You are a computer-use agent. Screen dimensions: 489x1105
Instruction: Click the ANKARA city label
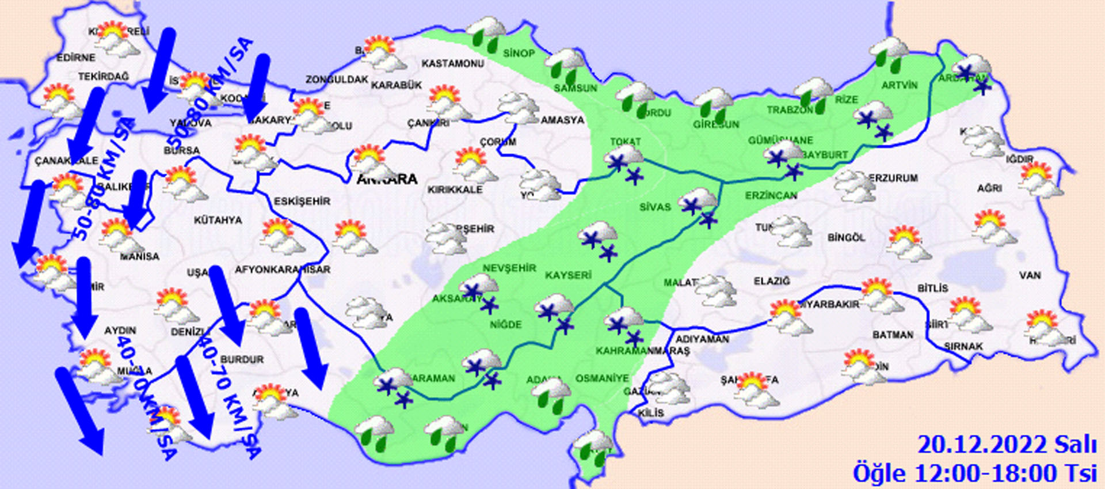click(x=387, y=179)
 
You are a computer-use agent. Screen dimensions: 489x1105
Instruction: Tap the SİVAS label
click(x=655, y=207)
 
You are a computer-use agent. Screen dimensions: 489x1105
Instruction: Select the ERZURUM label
click(x=894, y=178)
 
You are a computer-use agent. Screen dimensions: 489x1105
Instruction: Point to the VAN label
click(x=1030, y=275)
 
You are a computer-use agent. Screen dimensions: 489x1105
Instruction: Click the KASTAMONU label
click(x=453, y=63)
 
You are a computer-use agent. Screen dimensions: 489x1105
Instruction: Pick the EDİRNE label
click(x=76, y=58)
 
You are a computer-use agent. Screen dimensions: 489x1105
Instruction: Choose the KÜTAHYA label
click(x=218, y=220)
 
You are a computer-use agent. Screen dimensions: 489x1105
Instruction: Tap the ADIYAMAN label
click(x=702, y=339)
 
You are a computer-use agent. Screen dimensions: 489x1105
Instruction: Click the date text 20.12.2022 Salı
click(x=1007, y=445)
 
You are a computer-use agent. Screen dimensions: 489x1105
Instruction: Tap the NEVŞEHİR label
click(x=509, y=268)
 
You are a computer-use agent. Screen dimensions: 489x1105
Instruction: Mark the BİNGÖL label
click(x=846, y=237)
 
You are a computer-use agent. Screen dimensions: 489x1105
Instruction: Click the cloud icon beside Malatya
click(x=715, y=290)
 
